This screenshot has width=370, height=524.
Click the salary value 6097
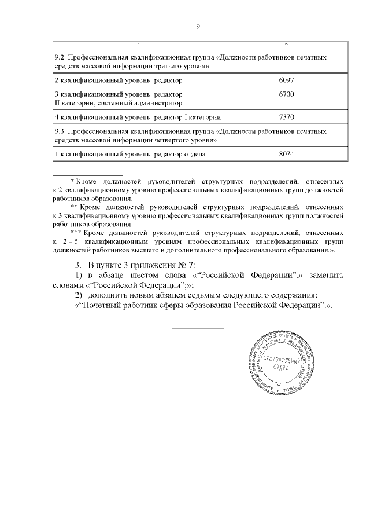(x=287, y=79)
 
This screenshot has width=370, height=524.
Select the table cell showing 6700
(x=287, y=94)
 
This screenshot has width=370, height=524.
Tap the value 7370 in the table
(x=287, y=117)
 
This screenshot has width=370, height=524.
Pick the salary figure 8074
(x=287, y=154)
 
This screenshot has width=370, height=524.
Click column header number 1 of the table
(x=138, y=45)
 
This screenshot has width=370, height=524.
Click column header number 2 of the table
(x=287, y=45)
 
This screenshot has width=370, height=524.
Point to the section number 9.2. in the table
(x=60, y=58)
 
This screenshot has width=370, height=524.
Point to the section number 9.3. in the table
(x=60, y=131)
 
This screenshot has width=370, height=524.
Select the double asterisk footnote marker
(x=73, y=207)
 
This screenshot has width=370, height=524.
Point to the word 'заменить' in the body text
(x=326, y=275)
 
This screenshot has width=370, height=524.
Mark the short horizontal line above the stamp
(x=198, y=328)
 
